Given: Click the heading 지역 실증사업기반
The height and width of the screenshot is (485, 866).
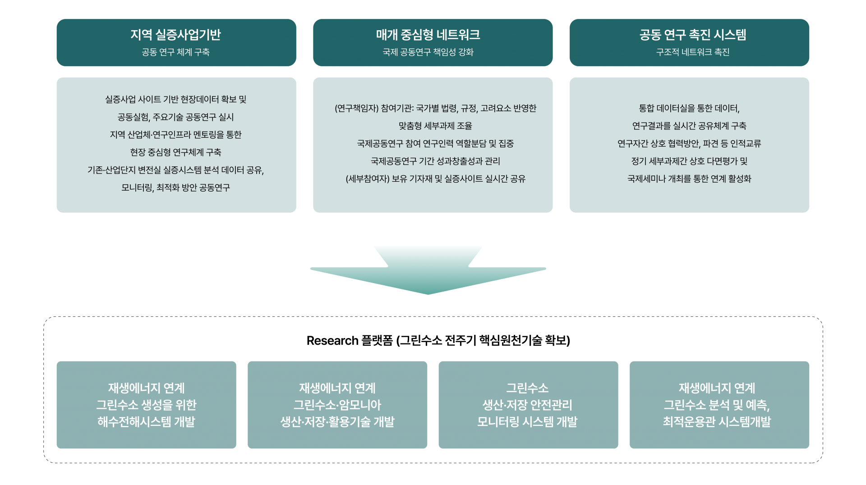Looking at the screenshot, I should tap(175, 35).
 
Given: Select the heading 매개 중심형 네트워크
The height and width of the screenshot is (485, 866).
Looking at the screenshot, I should tap(428, 35).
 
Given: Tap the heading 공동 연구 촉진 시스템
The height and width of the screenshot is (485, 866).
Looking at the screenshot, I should tap(693, 35).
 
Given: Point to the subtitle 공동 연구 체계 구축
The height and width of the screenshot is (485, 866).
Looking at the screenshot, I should tap(175, 52).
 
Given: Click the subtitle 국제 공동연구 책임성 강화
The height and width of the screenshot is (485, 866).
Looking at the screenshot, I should tap(428, 52).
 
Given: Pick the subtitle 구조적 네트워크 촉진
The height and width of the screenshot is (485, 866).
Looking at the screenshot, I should tap(693, 52).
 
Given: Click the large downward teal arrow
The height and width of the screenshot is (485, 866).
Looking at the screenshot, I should tap(428, 270).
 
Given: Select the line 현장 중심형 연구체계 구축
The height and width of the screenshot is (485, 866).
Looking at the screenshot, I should tap(175, 152).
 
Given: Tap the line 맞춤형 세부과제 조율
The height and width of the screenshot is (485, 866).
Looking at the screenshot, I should tap(435, 126).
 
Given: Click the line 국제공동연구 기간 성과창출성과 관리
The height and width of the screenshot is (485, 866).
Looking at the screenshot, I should tap(435, 161).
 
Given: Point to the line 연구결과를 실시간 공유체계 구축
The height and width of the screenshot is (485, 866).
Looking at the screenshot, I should tap(689, 126).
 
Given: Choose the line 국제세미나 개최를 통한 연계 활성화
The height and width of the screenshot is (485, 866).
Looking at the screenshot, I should tap(689, 179).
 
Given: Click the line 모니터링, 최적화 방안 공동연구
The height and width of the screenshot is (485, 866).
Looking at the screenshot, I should tap(175, 188).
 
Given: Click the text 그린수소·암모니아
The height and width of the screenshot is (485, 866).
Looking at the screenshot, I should tap(337, 405).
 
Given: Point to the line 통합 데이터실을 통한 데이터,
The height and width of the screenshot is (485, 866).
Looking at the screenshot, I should tap(689, 108).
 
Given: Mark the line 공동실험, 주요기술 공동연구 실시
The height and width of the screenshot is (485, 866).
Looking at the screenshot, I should tap(175, 117).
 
